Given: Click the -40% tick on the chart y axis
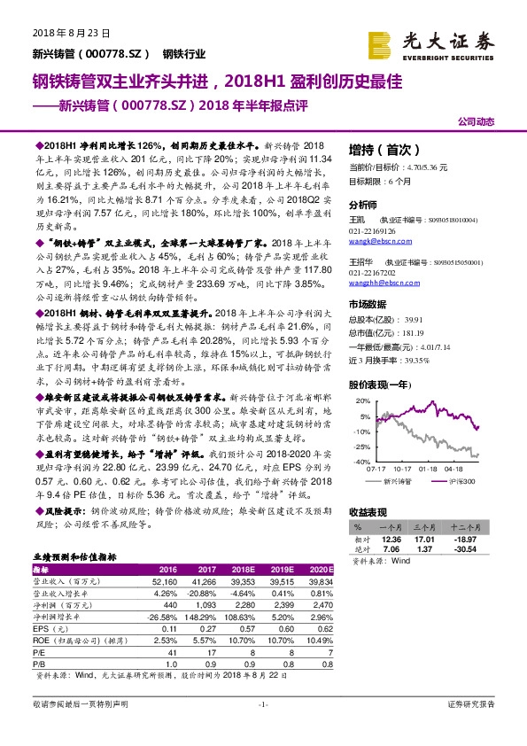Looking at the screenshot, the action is [362, 462].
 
